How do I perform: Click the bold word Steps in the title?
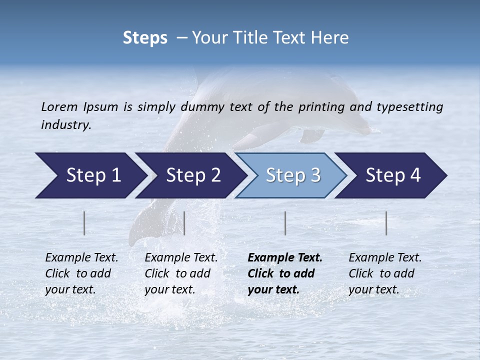pos(145,38)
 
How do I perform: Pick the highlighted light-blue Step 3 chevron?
pos(293,175)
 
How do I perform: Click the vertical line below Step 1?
pos(84,223)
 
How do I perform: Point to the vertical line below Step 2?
pos(184,223)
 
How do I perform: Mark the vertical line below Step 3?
pos(285,223)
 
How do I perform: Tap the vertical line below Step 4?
pos(386,223)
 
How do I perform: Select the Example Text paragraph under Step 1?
pos(81,273)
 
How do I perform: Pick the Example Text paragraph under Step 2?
pos(181,273)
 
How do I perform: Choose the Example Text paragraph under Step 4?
pos(385,273)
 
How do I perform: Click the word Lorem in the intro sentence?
pos(59,107)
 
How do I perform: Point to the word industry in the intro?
pos(66,125)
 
